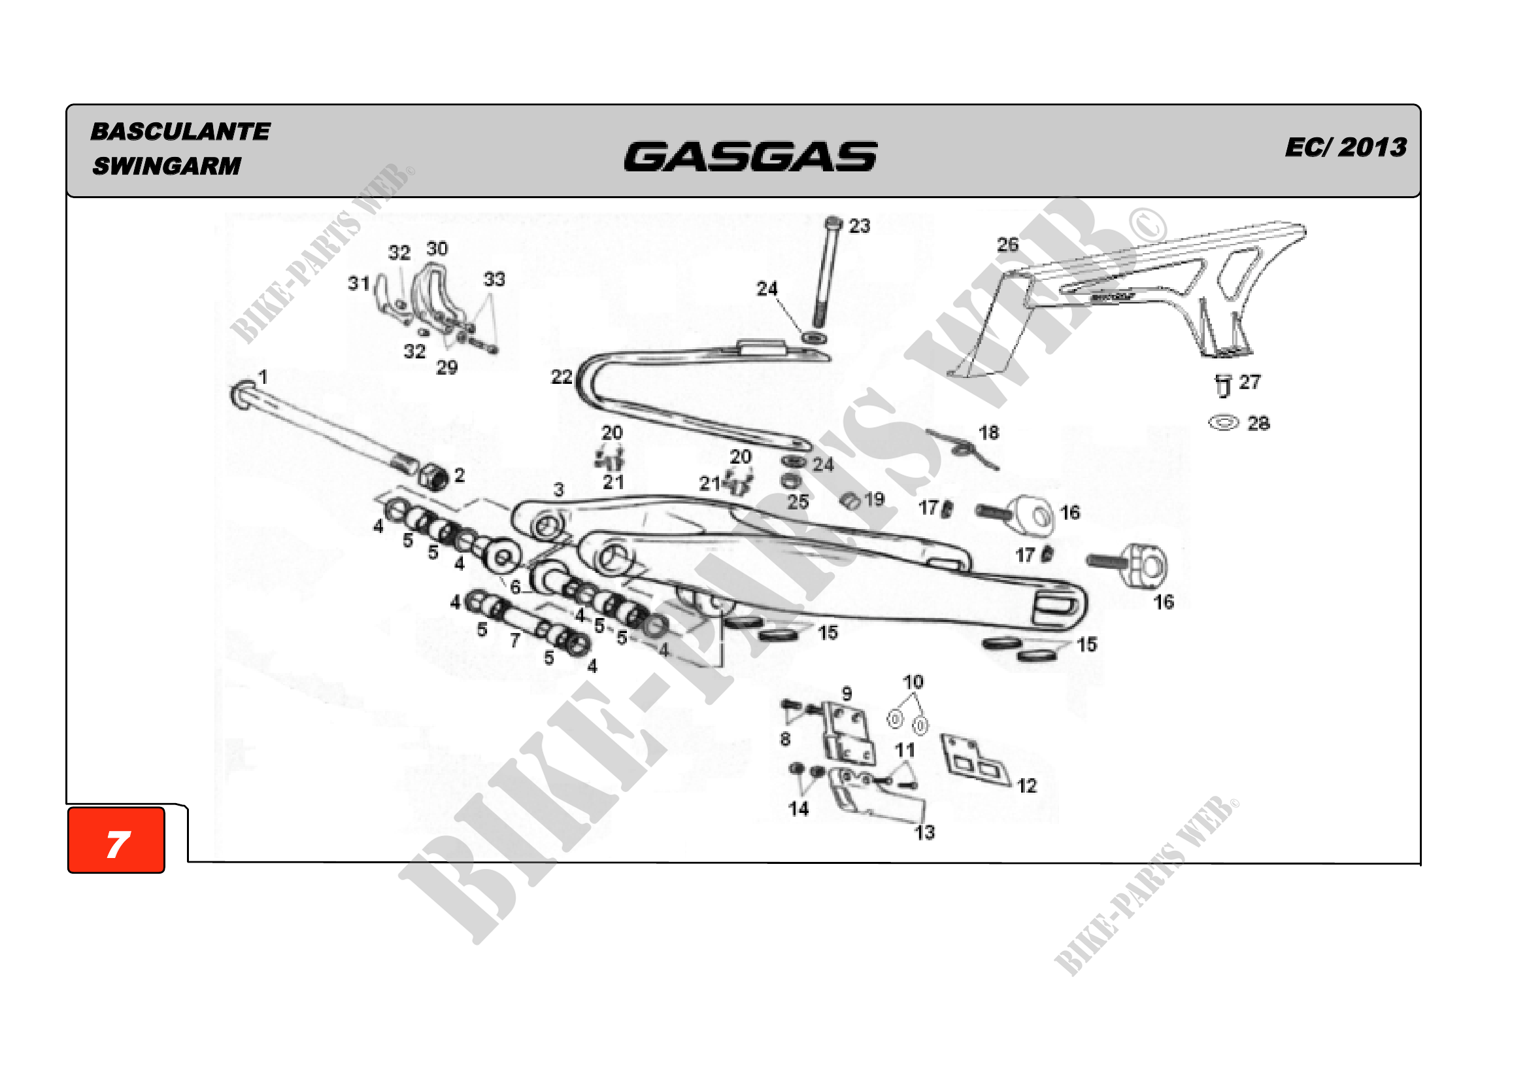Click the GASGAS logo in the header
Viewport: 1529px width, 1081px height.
pos(750,156)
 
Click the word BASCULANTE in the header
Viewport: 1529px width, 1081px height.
pos(180,131)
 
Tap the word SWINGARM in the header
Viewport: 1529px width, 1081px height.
pos(167,166)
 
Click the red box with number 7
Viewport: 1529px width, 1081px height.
pos(116,840)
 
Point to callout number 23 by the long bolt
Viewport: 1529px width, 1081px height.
pos(859,226)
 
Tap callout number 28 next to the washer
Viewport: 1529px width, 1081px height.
pos(1258,424)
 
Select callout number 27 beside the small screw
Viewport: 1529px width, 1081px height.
pos(1249,383)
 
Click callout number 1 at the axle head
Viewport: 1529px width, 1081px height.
pos(263,377)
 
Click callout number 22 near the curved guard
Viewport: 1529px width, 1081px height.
pos(562,377)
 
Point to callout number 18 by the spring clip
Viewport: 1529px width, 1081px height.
pos(989,433)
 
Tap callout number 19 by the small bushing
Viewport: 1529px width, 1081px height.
pos(875,499)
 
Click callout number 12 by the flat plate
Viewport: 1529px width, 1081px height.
pos(1027,786)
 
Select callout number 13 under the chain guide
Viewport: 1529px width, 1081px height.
pos(924,832)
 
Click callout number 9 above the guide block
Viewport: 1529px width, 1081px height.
pos(847,693)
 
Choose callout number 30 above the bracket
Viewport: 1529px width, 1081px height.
pos(437,249)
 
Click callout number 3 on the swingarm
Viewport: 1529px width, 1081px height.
pos(559,490)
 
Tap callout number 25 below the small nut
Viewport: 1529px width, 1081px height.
pos(798,502)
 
